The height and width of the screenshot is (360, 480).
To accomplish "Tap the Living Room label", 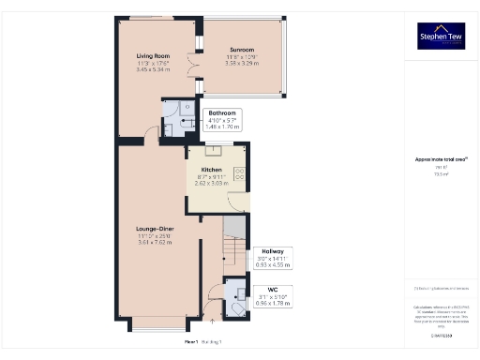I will [x=154, y=56].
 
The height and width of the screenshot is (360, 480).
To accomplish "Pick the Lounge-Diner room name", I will [x=154, y=228].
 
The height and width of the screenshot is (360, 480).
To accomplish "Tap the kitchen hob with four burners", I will [x=238, y=174].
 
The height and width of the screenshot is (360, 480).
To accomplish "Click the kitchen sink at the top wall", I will [x=213, y=147].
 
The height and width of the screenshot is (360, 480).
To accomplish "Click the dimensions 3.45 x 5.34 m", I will [x=154, y=69].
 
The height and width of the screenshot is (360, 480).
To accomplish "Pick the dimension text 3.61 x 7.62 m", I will [x=154, y=243].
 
